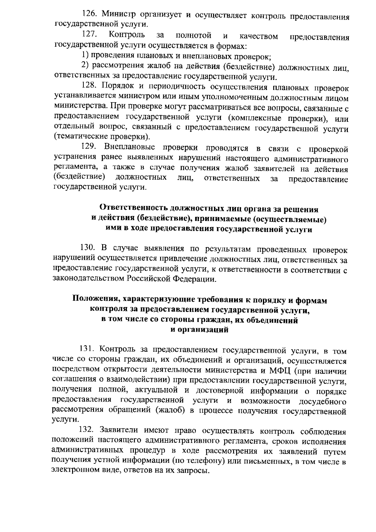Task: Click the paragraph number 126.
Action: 89,14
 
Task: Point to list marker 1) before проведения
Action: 85,55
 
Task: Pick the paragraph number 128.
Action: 89,86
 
